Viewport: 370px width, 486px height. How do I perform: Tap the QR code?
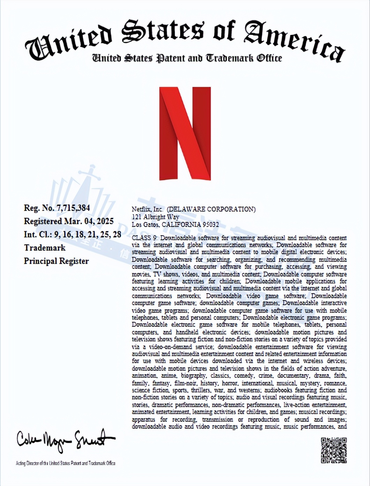click(334, 450)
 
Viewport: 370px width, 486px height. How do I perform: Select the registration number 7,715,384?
click(74, 208)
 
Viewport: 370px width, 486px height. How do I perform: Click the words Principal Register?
click(56, 261)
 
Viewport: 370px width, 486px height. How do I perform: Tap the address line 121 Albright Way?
click(155, 217)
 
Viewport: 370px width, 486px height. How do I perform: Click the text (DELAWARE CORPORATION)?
click(211, 209)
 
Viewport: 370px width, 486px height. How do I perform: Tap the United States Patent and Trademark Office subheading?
click(187, 58)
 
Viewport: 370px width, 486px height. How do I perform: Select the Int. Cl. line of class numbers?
click(72, 234)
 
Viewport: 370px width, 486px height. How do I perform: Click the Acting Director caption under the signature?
click(66, 463)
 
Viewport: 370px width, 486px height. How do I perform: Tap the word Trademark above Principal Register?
click(45, 248)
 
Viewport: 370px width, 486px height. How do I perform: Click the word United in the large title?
click(68, 44)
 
